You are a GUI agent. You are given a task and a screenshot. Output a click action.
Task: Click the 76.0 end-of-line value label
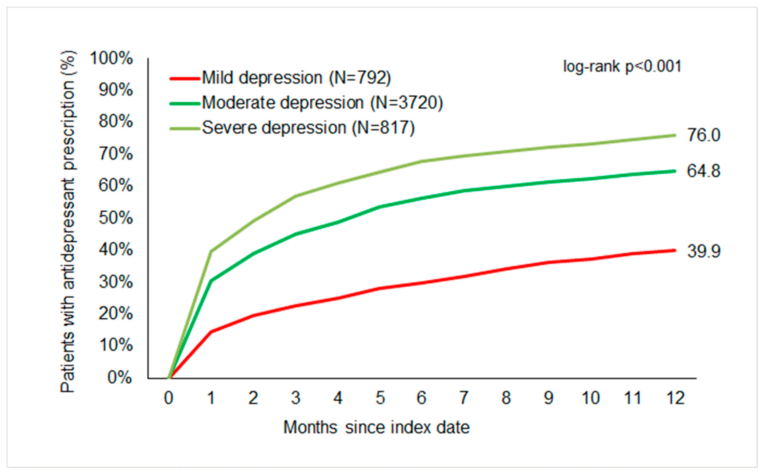pyautogui.click(x=703, y=135)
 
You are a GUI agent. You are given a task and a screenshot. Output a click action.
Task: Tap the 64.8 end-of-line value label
pyautogui.click(x=703, y=171)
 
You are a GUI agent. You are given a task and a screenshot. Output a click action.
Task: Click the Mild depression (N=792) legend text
pyautogui.click(x=296, y=77)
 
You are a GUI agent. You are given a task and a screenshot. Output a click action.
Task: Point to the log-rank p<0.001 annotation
pyautogui.click(x=622, y=66)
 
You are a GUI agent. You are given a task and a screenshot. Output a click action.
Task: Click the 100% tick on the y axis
pyautogui.click(x=111, y=58)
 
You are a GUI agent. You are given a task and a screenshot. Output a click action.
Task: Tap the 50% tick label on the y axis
pyautogui.click(x=115, y=218)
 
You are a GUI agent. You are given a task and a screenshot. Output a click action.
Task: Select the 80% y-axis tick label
pyautogui.click(x=115, y=122)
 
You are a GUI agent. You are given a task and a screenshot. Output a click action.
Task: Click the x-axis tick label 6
pyautogui.click(x=421, y=398)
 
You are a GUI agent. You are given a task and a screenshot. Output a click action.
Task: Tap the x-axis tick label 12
pyautogui.click(x=675, y=398)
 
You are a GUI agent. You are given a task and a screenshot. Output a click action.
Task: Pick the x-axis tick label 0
pyautogui.click(x=169, y=398)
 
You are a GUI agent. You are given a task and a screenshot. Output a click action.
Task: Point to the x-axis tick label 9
pyautogui.click(x=548, y=398)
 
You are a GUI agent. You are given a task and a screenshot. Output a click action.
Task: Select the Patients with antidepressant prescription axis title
pyautogui.click(x=68, y=222)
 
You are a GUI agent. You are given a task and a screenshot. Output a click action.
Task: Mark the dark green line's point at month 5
pyautogui.click(x=380, y=207)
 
